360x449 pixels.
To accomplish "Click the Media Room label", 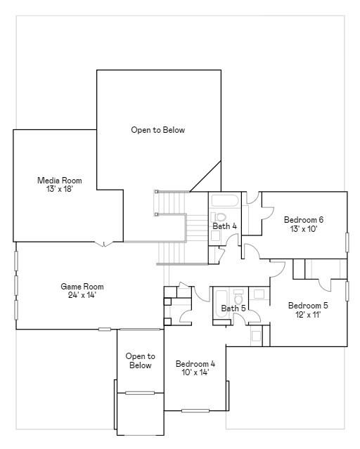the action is pyautogui.click(x=60, y=181).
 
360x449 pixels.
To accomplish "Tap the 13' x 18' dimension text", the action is pyautogui.click(x=60, y=189).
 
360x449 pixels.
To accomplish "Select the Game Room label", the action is pyautogui.click(x=82, y=287).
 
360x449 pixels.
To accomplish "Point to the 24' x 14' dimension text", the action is pyautogui.click(x=82, y=295).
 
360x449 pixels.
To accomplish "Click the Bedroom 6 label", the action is pyautogui.click(x=304, y=220).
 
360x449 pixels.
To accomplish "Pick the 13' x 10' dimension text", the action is pyautogui.click(x=304, y=229).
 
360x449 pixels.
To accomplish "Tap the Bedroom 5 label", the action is pyautogui.click(x=308, y=306).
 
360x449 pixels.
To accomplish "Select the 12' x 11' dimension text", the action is pyautogui.click(x=308, y=314).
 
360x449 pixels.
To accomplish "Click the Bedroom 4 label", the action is pyautogui.click(x=195, y=364).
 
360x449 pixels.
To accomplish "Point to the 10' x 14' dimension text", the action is pyautogui.click(x=195, y=372).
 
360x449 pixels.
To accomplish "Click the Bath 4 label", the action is pyautogui.click(x=225, y=226).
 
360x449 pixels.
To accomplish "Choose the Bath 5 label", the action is pyautogui.click(x=233, y=308).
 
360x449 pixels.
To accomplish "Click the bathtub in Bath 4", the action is pyautogui.click(x=225, y=201).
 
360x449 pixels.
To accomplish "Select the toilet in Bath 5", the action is pyautogui.click(x=238, y=297).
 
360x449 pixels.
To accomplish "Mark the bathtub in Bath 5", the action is pyautogui.click(x=221, y=304).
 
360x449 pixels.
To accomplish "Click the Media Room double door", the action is pyautogui.click(x=104, y=244).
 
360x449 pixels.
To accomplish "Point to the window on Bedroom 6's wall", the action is pyautogui.click(x=347, y=242).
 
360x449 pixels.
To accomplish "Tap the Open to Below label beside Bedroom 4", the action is pyautogui.click(x=140, y=360).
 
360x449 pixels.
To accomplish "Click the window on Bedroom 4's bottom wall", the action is pyautogui.click(x=195, y=411).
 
